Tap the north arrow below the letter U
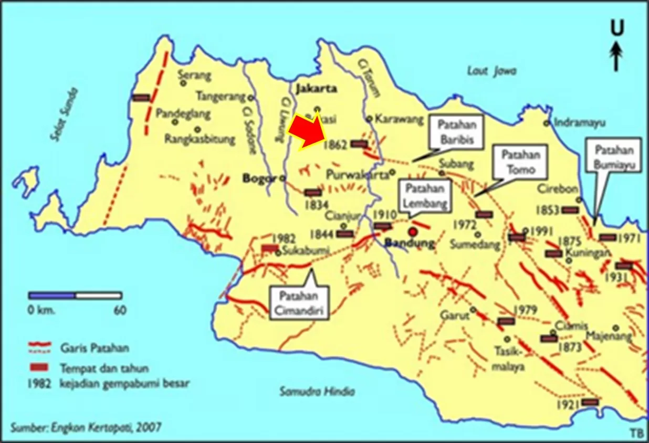(x=616, y=57)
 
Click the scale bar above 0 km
(x=75, y=296)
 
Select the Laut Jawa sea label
(x=491, y=71)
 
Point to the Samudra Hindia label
(x=317, y=391)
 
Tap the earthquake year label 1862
(x=336, y=144)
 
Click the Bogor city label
(x=259, y=178)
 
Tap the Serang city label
(x=194, y=75)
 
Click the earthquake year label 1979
(x=526, y=309)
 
